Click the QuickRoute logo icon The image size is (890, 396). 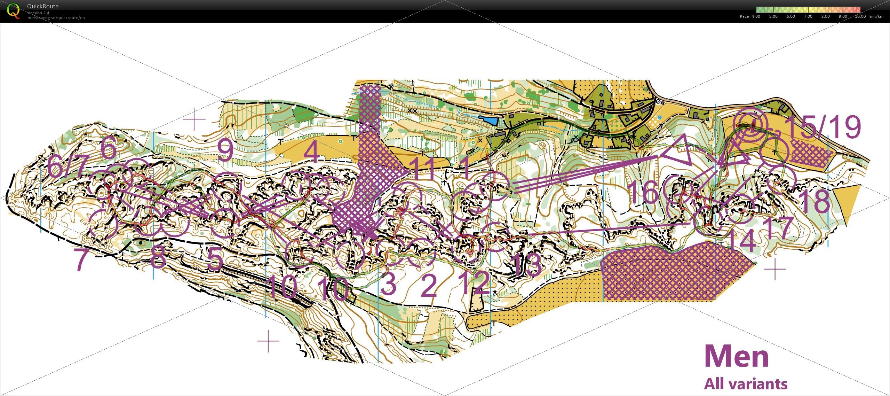tap(13, 10)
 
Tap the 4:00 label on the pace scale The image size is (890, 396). tap(756, 16)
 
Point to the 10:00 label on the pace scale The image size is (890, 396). tap(860, 16)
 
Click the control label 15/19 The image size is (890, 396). tap(823, 127)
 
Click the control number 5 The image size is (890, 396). tap(215, 260)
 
